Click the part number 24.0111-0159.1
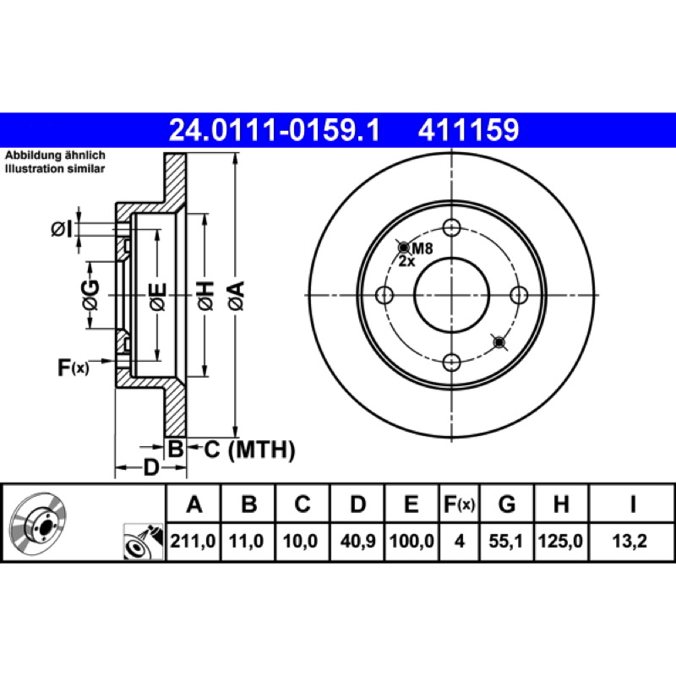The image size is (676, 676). (274, 130)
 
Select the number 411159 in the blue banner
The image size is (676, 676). (468, 130)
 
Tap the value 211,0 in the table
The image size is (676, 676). (193, 541)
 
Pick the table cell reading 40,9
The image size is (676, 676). (357, 541)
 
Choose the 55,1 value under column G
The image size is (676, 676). (505, 541)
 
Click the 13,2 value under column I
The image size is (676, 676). (630, 541)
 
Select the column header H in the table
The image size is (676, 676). (560, 504)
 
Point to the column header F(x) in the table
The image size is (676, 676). (459, 504)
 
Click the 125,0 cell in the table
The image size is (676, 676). (560, 541)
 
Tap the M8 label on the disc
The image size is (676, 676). (422, 248)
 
